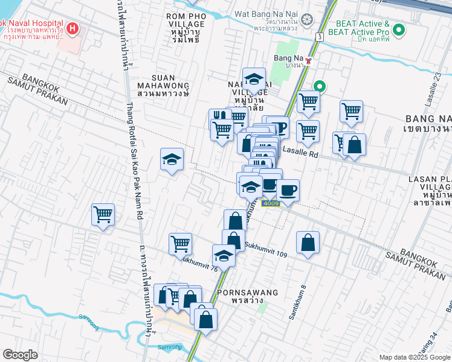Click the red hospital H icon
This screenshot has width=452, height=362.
(x=73, y=28)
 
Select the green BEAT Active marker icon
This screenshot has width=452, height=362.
(x=399, y=29)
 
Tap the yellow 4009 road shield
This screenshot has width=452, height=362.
(x=270, y=204)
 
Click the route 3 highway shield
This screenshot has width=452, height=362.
(x=318, y=37)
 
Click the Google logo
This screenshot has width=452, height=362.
(x=21, y=355)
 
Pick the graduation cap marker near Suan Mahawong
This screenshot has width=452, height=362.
(x=172, y=160)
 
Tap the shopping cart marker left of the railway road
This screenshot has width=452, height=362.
(x=103, y=214)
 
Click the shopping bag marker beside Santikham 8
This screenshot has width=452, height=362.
(x=308, y=243)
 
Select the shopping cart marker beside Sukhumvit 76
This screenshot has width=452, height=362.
(x=180, y=244)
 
